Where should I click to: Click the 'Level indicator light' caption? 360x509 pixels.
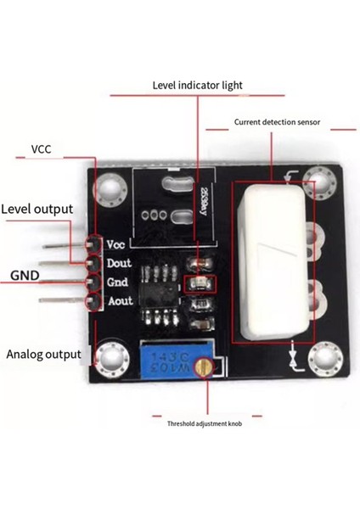pyautogui.click(x=197, y=86)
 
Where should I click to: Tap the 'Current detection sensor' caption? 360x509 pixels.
pyautogui.click(x=277, y=122)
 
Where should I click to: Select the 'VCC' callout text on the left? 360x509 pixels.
pyautogui.click(x=42, y=149)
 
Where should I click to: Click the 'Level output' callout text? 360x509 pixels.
pyautogui.click(x=37, y=209)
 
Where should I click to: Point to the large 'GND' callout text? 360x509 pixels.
pyautogui.click(x=25, y=276)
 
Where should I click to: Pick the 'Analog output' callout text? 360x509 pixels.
pyautogui.click(x=43, y=354)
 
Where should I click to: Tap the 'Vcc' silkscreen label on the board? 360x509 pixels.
pyautogui.click(x=116, y=244)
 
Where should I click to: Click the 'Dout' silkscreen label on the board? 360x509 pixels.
pyautogui.click(x=118, y=263)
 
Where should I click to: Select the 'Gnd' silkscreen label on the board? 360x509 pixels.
pyautogui.click(x=117, y=282)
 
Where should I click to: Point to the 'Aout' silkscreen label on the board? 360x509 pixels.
pyautogui.click(x=118, y=300)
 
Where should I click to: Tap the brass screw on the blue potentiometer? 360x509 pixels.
pyautogui.click(x=202, y=366)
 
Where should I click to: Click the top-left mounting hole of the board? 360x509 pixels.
pyautogui.click(x=110, y=187)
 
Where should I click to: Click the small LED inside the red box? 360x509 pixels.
pyautogui.click(x=200, y=283)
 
